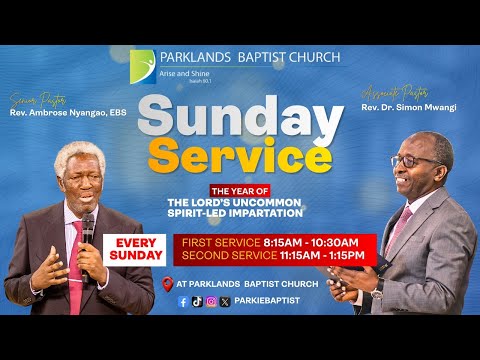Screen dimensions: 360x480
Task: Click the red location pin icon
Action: [167, 283]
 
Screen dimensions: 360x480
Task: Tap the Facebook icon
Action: [183, 301]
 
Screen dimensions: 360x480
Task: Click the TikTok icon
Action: [197, 301]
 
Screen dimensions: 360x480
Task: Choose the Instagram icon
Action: [211, 301]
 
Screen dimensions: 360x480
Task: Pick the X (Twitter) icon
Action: [225, 301]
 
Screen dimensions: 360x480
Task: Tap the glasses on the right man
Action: [413, 159]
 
